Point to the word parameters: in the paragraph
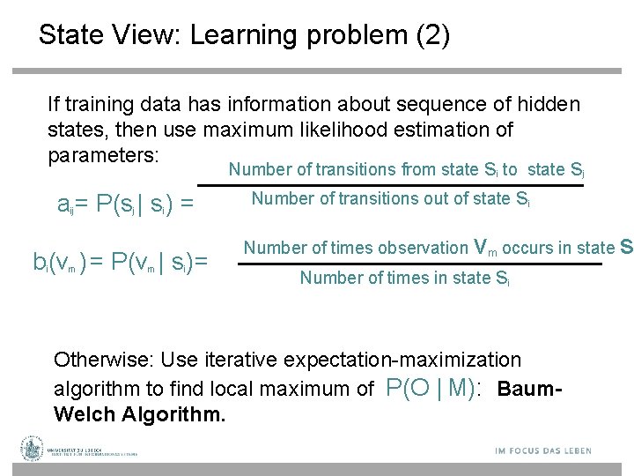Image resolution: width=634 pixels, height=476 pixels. tap(103, 155)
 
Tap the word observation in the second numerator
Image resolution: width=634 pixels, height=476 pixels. tap(421, 248)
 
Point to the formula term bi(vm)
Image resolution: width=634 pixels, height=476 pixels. tap(58, 262)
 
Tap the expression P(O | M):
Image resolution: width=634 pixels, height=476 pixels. tap(434, 388)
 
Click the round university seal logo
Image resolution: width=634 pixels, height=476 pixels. tap(33, 449)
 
